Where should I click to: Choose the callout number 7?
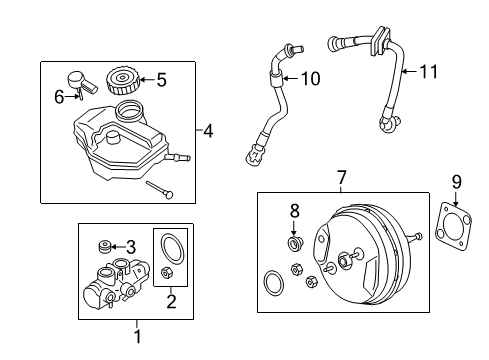[340, 178]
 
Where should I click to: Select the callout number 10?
[310, 78]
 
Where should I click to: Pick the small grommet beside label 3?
[103, 246]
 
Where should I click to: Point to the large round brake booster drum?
[356, 251]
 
